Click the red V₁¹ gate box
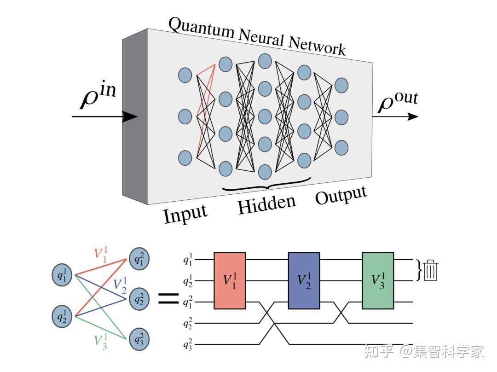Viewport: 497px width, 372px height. [x=230, y=280]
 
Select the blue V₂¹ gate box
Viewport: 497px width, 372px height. [x=304, y=280]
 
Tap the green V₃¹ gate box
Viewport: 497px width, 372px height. [x=378, y=280]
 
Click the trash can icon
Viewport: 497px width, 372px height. [x=431, y=270]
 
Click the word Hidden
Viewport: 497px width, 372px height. [x=266, y=204]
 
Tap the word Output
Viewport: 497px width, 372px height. [x=341, y=196]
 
